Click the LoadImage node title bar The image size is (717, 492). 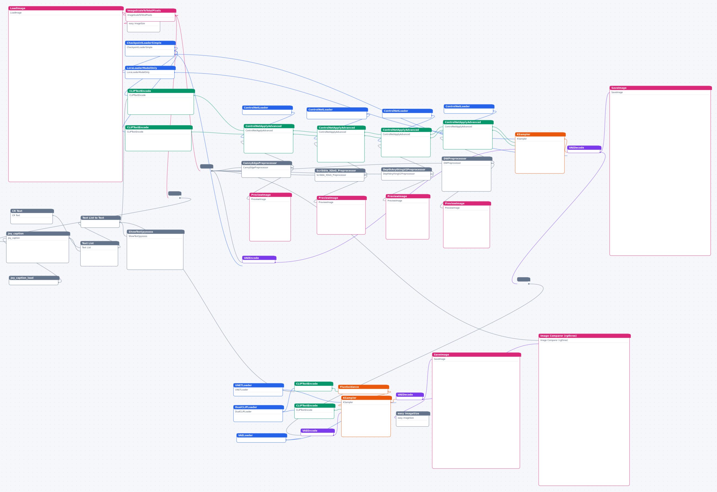coord(66,8)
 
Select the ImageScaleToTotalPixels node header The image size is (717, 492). coord(151,10)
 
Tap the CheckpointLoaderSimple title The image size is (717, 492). coord(150,43)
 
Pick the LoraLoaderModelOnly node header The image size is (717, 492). coord(150,68)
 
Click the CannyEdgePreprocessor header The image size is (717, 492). coord(267,163)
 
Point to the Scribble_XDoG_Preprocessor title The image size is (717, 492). coord(340,170)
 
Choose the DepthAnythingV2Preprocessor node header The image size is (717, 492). coord(406,169)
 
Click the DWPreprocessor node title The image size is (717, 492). coord(467,159)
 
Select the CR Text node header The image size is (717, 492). coord(32,211)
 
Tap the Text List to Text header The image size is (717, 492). coord(101,218)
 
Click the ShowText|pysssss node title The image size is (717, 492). coord(156,232)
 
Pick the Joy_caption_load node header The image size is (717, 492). coord(34,278)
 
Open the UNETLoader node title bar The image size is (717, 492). coord(259,385)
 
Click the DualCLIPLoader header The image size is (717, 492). coord(259,407)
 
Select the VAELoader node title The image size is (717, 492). coord(262,435)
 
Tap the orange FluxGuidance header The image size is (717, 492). coord(363,387)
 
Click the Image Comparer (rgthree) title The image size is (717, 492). coord(584,336)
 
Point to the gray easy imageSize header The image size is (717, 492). coord(413,413)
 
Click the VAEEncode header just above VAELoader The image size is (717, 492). coord(317,430)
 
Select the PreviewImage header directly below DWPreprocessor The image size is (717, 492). coord(467,203)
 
